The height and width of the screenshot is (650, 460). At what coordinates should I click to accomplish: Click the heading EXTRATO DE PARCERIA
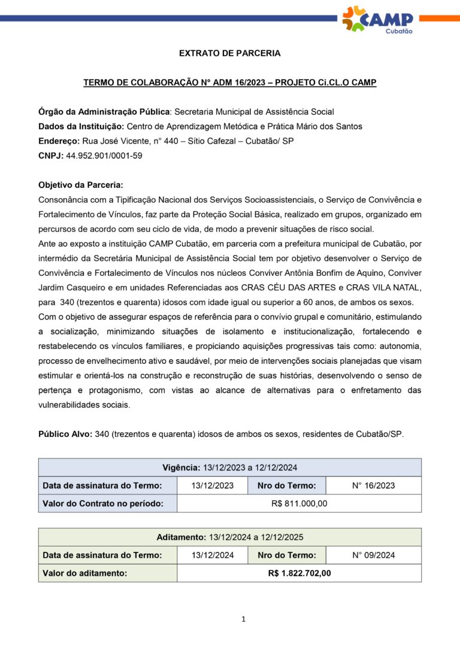[x=230, y=53]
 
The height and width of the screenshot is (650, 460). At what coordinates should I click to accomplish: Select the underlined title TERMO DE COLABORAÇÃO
[x=230, y=83]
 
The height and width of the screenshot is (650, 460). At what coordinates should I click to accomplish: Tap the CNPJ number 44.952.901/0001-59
[x=104, y=156]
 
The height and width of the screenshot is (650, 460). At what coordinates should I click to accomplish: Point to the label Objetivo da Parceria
[x=80, y=185]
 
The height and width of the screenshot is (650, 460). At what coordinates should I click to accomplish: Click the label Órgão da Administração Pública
[x=104, y=111]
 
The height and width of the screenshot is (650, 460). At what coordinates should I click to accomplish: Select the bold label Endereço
[x=59, y=141]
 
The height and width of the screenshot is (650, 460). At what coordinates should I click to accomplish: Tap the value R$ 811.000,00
[x=299, y=503]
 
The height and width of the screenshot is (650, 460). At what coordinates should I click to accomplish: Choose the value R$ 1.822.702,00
[x=299, y=573]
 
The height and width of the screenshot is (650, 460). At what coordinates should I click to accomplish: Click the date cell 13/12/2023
[x=212, y=485]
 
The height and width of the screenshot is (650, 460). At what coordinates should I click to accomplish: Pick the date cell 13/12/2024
[x=212, y=555]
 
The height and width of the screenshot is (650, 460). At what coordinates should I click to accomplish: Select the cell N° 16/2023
[x=373, y=485]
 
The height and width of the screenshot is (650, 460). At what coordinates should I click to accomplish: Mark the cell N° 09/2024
[x=373, y=555]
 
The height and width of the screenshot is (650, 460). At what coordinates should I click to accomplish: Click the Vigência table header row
[x=230, y=467]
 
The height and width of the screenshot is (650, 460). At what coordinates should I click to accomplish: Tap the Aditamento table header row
[x=230, y=537]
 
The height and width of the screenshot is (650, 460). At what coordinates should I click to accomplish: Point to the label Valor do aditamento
[x=84, y=573]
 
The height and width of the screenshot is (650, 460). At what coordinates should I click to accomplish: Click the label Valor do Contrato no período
[x=102, y=503]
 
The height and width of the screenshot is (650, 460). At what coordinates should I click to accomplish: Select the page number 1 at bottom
[x=243, y=619]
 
